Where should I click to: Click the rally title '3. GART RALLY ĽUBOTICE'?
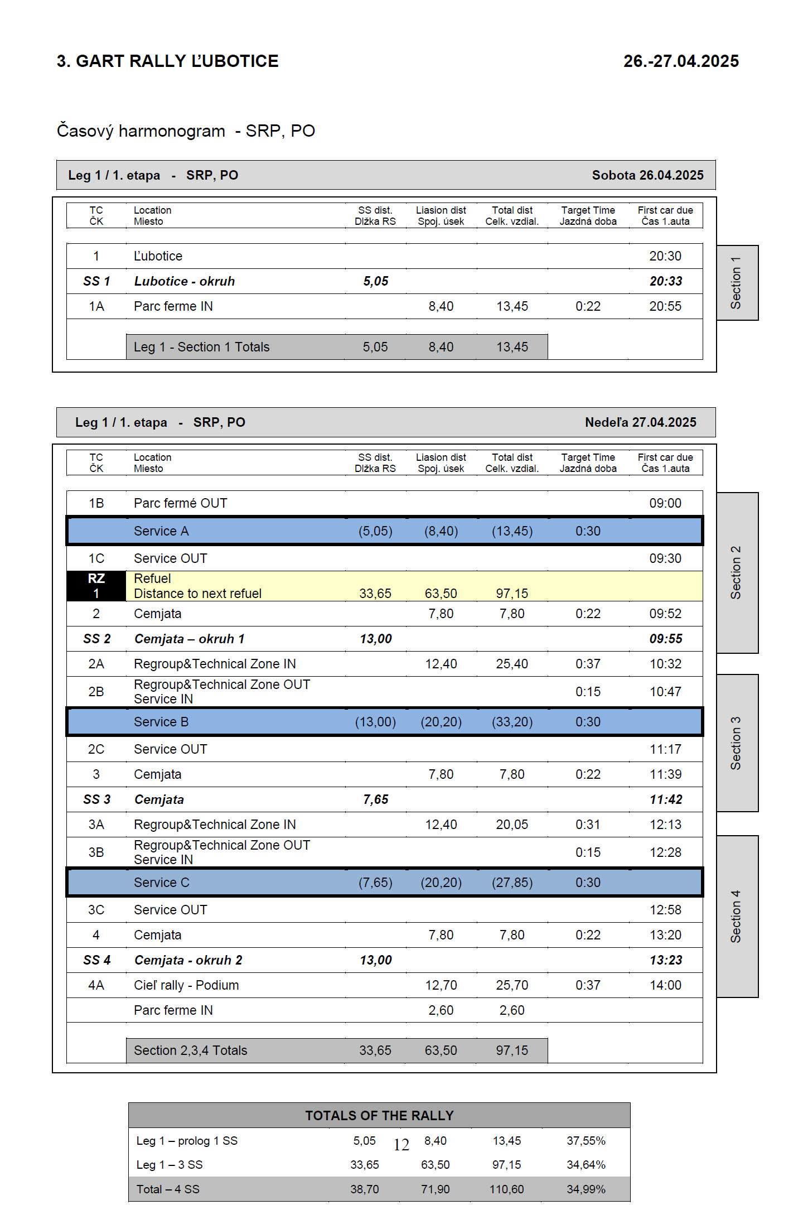click(x=167, y=61)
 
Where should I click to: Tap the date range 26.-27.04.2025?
click(x=680, y=61)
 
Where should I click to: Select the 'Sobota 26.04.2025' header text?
click(x=647, y=175)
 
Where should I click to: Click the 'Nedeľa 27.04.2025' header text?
click(x=640, y=422)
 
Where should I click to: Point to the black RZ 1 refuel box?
click(x=96, y=586)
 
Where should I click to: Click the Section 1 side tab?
click(x=737, y=283)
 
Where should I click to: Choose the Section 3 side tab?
click(x=737, y=743)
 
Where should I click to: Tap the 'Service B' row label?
click(x=161, y=722)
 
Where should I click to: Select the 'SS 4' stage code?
click(x=96, y=960)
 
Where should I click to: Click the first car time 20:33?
click(x=665, y=281)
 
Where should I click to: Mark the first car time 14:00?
click(x=665, y=985)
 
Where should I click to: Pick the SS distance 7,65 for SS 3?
click(x=375, y=799)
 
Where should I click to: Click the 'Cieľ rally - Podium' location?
click(x=186, y=985)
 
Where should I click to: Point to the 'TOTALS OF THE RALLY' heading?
click(x=379, y=1115)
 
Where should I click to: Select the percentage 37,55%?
click(x=586, y=1141)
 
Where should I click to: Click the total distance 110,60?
click(x=506, y=1189)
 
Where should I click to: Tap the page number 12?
click(x=401, y=1145)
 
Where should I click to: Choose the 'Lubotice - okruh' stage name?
click(x=184, y=281)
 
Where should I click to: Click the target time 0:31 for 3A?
click(x=588, y=825)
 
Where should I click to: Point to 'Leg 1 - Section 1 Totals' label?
click(x=201, y=347)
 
